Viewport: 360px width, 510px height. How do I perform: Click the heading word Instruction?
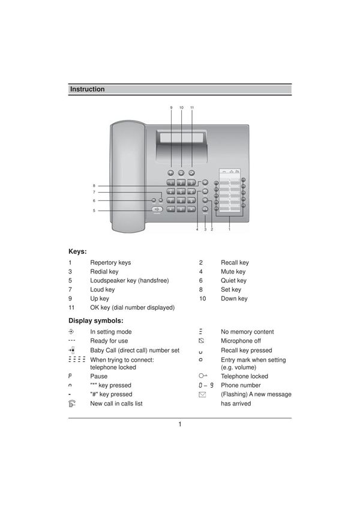[x=88, y=89]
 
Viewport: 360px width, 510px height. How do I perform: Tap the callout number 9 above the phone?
[x=171, y=107]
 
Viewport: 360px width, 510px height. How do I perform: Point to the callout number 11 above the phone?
[x=192, y=107]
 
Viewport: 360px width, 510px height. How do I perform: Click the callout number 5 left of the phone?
[x=94, y=211]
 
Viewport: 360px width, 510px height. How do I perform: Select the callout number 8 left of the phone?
[x=94, y=185]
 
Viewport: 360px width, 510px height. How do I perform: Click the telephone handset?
[x=128, y=177]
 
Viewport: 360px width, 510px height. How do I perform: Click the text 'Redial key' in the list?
[x=104, y=272]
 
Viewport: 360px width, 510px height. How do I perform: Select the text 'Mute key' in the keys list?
[x=233, y=272]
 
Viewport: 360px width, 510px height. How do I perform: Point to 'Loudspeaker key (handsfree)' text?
[x=130, y=281]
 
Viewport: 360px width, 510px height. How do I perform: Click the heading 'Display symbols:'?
[x=96, y=320]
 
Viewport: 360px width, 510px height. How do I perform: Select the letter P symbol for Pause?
[x=71, y=376]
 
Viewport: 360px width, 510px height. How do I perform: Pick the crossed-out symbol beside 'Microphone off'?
[x=202, y=341]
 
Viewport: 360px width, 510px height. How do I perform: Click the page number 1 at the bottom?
[x=179, y=425]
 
